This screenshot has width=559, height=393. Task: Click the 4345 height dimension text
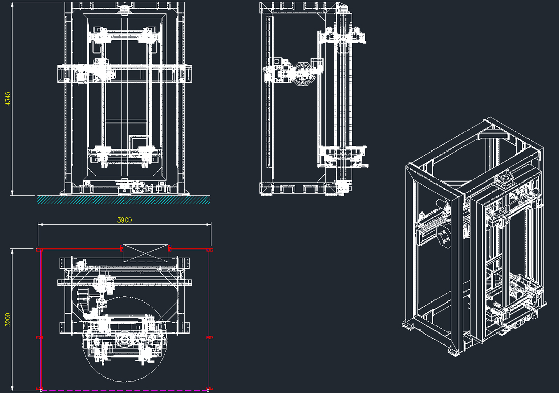(8, 99)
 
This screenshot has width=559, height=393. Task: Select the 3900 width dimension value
(125, 220)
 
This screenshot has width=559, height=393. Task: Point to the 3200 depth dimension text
(8, 320)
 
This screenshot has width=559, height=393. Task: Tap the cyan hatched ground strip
(123, 200)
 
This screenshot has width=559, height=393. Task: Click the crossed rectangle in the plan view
(145, 253)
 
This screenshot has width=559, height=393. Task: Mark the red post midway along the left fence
(39, 338)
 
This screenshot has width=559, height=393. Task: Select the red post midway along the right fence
(210, 337)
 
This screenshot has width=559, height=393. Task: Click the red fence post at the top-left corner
(39, 250)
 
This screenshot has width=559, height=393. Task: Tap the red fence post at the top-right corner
(210, 250)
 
